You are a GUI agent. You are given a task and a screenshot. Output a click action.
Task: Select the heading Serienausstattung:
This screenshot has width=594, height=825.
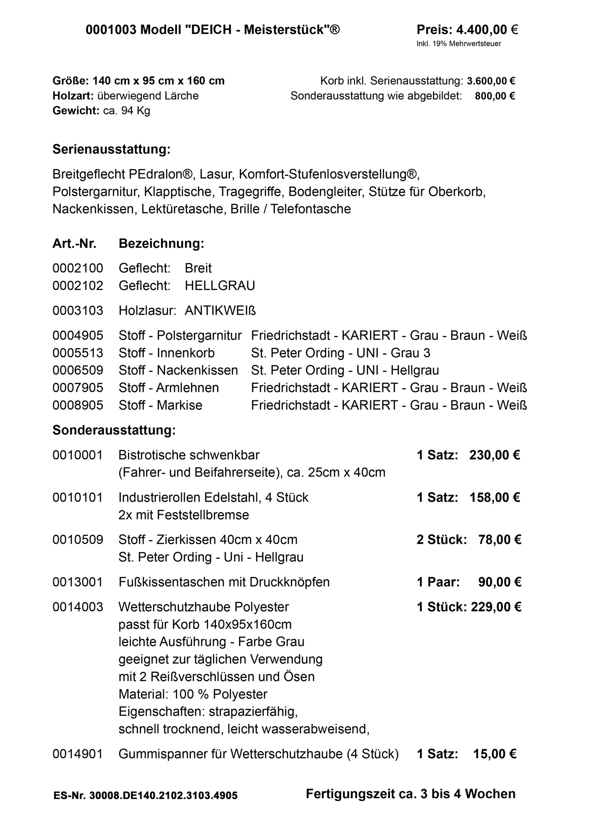111,150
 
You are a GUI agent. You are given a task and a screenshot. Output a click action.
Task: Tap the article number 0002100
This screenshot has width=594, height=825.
78,268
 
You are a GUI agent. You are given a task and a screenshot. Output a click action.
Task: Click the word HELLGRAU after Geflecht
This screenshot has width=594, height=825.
220,286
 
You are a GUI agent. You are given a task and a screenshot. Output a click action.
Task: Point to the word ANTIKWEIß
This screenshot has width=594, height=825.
220,311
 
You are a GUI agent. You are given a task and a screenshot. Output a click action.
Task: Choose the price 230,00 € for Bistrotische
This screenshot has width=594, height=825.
495,455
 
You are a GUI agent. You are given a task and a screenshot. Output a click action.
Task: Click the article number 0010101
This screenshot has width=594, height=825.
77,498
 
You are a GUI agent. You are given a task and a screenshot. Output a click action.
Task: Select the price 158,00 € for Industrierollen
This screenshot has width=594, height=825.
495,498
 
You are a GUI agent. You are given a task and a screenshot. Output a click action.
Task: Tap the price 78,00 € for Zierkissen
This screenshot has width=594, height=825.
499,539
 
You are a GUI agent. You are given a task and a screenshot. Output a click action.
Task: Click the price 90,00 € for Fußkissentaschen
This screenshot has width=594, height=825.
499,582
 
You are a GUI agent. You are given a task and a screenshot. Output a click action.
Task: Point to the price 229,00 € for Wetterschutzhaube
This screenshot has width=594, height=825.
496,607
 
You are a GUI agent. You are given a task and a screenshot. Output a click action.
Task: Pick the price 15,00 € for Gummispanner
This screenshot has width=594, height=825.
495,754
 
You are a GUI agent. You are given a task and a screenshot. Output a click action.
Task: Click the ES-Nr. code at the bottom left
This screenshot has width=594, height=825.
145,796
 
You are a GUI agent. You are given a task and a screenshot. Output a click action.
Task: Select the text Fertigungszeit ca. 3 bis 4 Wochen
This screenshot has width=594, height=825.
411,794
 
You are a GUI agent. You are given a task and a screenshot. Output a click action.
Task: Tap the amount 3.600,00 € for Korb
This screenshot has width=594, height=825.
491,81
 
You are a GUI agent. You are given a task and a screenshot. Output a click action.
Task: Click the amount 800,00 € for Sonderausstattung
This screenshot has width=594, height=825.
495,96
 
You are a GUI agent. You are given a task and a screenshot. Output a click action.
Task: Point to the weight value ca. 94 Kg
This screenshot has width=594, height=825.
126,110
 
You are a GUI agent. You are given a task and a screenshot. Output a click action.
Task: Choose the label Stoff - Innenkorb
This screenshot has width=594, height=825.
167,353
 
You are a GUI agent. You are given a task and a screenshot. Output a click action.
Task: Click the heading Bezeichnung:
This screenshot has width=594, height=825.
161,244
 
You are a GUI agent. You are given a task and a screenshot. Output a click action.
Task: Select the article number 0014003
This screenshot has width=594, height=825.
77,607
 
